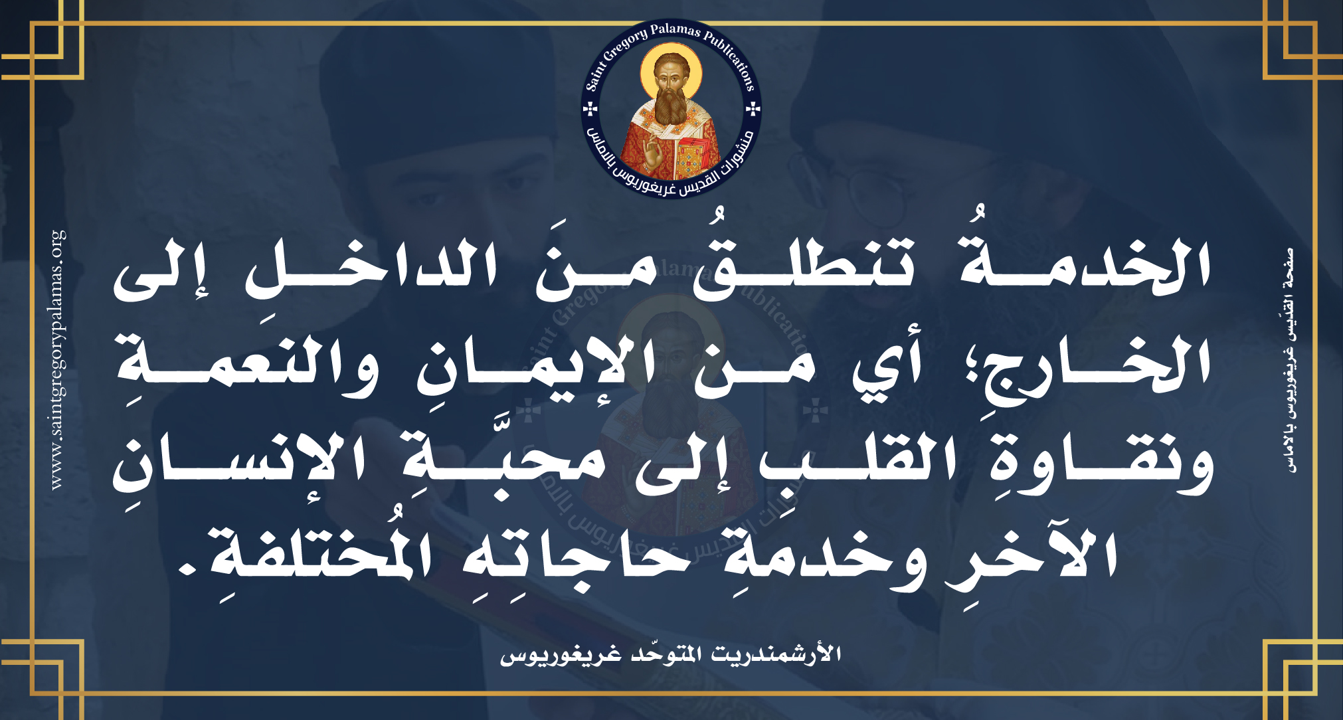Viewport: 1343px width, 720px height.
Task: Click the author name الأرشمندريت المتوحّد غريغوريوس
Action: [671, 654]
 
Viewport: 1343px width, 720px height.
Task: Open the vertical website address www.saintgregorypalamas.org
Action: [58, 359]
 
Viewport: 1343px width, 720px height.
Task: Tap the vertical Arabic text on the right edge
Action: [1289, 359]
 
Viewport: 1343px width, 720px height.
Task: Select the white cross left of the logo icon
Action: [590, 109]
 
